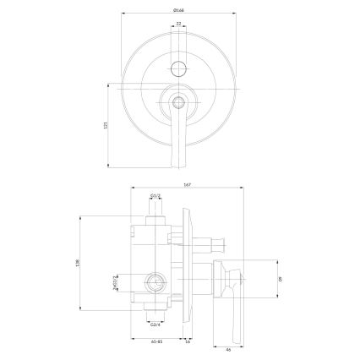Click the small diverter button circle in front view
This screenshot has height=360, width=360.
178,68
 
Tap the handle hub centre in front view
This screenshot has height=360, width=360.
178,103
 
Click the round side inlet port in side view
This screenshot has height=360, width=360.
155,280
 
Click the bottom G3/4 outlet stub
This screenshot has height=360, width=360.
155,314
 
